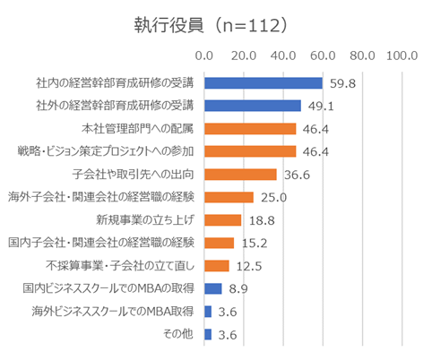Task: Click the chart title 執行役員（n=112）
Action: pyautogui.click(x=211, y=25)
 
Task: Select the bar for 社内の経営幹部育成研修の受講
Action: pyautogui.click(x=264, y=83)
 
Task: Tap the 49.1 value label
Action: pyautogui.click(x=321, y=106)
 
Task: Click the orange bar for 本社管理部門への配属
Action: pyautogui.click(x=250, y=129)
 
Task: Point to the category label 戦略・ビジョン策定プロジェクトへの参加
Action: pyautogui.click(x=106, y=151)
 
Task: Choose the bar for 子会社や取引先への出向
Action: pyautogui.click(x=240, y=175)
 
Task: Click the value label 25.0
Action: pyautogui.click(x=273, y=197)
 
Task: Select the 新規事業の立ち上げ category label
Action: pyautogui.click(x=145, y=220)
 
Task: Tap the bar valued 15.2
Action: pyautogui.click(x=220, y=243)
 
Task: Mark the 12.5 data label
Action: pyautogui.click(x=249, y=266)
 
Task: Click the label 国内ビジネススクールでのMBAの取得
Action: pyautogui.click(x=108, y=288)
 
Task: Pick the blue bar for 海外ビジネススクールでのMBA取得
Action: pyautogui.click(x=208, y=312)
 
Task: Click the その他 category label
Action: pyautogui.click(x=178, y=334)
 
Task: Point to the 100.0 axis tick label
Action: pyautogui.click(x=402, y=56)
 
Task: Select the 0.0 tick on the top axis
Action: pyautogui.click(x=204, y=56)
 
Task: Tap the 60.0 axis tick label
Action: pyautogui.click(x=323, y=56)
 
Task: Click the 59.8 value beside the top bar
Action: pyautogui.click(x=342, y=83)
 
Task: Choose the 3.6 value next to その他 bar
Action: pyautogui.click(x=228, y=335)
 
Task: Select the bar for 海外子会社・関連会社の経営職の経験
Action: pyautogui.click(x=229, y=197)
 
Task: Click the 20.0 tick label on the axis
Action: pyautogui.click(x=244, y=56)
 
